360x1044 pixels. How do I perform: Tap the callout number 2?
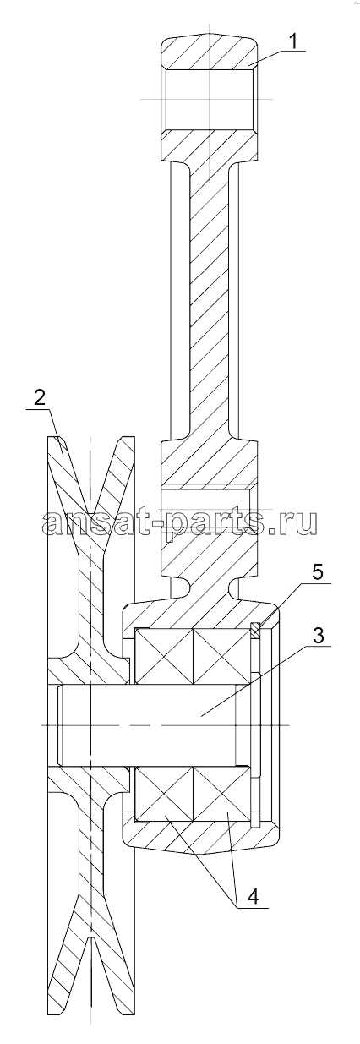(x=40, y=397)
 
